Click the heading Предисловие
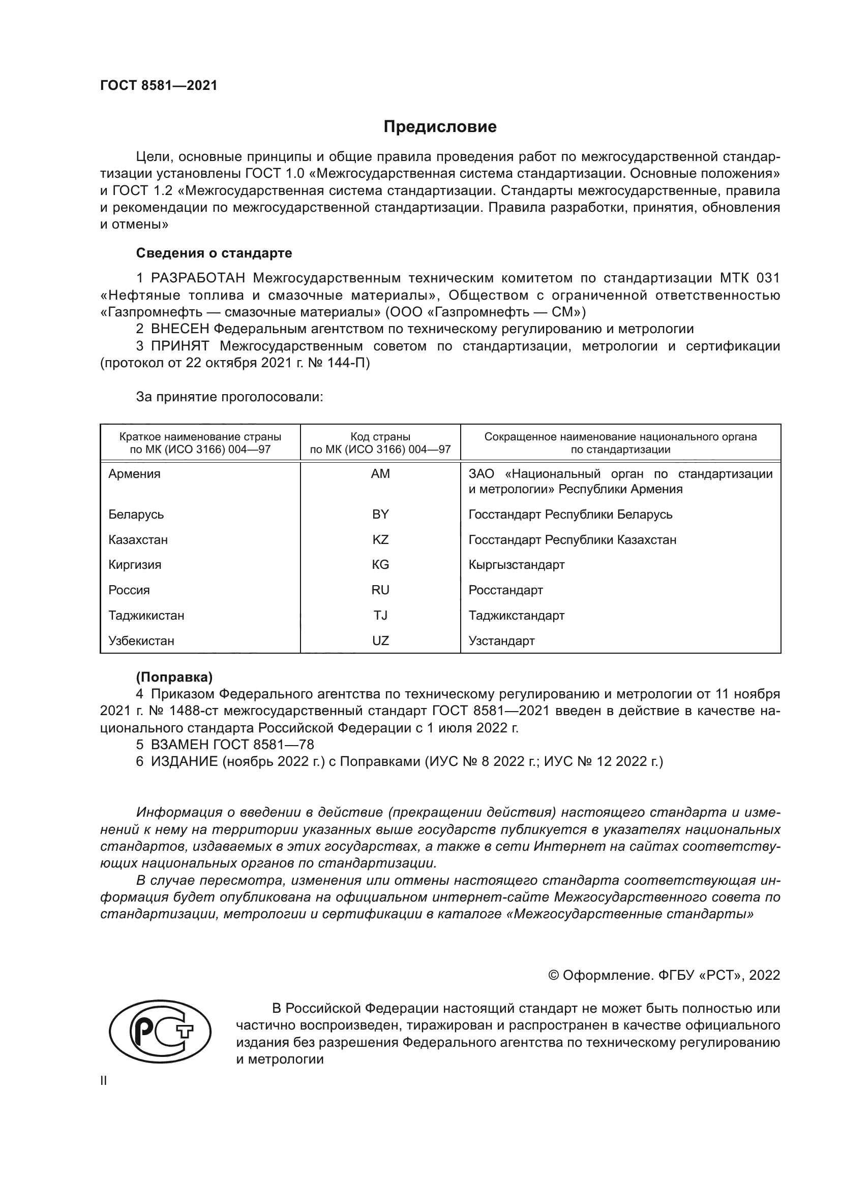pos(440,127)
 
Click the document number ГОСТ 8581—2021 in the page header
pos(159,85)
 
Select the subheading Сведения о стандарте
pos(214,253)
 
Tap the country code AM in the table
pos(380,474)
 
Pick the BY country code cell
pos(380,515)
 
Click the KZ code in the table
pos(380,540)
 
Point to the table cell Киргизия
pos(135,564)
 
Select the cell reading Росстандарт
pos(505,590)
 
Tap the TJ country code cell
pos(380,615)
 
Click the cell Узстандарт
pos(501,640)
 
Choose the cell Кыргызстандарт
pos(516,564)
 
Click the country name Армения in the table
pos(134,474)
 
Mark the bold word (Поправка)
pos(174,677)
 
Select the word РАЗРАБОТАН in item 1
pos(198,278)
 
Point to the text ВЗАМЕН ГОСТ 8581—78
pos(232,745)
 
